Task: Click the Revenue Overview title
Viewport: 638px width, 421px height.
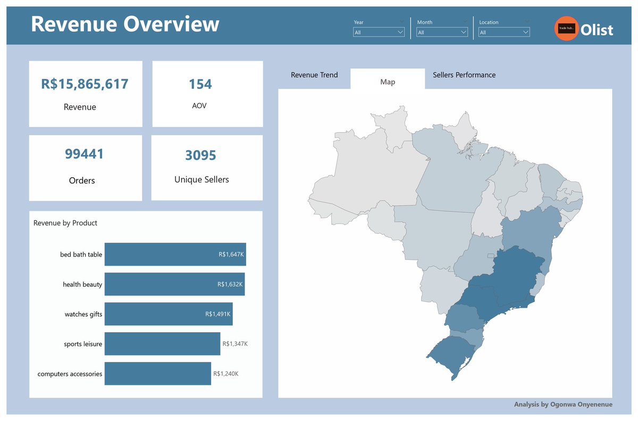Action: coord(125,24)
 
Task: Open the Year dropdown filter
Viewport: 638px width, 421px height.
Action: coord(379,32)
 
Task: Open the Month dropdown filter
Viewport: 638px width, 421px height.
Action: coord(442,32)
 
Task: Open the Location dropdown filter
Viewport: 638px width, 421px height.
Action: coord(504,32)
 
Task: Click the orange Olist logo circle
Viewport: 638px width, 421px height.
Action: coord(567,29)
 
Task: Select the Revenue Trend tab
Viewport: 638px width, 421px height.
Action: coord(314,75)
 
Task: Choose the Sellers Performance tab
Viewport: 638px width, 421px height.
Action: coord(464,75)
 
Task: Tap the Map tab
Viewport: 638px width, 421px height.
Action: coord(388,82)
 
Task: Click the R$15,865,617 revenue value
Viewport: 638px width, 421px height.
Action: coord(85,84)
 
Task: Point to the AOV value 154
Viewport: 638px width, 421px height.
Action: coord(200,84)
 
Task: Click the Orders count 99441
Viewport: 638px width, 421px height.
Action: coord(85,154)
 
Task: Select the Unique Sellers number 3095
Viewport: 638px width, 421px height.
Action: coord(201,155)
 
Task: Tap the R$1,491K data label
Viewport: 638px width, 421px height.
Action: coord(218,314)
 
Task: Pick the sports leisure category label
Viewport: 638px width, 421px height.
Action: coord(83,344)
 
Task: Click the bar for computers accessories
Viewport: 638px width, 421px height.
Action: coord(157,374)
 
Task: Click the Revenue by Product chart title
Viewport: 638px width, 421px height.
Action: coord(65,223)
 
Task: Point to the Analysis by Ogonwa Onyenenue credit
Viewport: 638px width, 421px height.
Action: coord(563,405)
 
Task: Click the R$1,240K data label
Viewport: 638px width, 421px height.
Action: coord(226,374)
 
